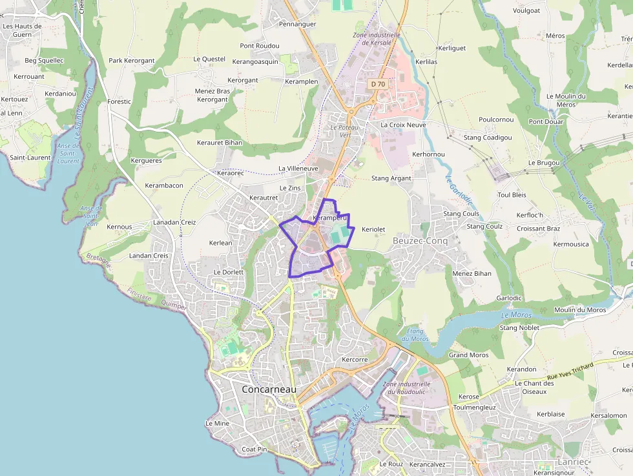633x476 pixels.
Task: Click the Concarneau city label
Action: [269, 389]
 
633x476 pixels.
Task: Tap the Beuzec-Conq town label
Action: [420, 241]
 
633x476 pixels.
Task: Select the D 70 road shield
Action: [378, 84]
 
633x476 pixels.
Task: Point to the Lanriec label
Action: [572, 463]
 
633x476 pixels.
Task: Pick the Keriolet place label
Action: [373, 229]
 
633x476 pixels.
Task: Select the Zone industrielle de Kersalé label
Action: [377, 38]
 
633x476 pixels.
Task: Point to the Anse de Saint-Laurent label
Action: [68, 154]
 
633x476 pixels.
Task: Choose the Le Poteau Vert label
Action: [344, 131]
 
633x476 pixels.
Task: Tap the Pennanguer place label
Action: [297, 24]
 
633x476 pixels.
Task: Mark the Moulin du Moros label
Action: [580, 310]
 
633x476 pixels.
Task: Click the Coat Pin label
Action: [254, 449]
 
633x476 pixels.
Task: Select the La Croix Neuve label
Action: [403, 125]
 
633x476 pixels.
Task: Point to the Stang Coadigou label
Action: [488, 138]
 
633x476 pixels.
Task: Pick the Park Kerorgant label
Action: [131, 61]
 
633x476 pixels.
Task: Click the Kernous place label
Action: [119, 227]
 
